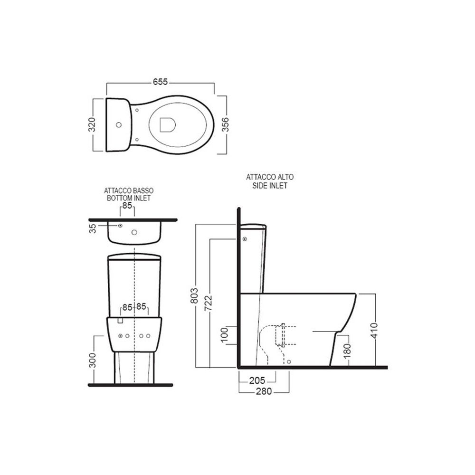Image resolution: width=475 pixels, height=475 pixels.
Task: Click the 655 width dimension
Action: pos(160,82)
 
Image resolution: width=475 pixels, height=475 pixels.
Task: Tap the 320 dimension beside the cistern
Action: pos(92,124)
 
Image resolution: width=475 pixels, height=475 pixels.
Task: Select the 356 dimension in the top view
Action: pos(226,124)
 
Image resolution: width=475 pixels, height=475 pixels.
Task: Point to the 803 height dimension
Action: pos(194,295)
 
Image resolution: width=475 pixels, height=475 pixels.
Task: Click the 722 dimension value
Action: pos(208,303)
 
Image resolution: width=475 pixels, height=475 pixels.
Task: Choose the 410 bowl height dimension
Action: pos(374,330)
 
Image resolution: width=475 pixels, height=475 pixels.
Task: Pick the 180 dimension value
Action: pos(348,349)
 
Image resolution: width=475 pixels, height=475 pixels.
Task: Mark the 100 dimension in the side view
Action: pos(225,335)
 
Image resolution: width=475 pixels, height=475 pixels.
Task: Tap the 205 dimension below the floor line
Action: pos(257,380)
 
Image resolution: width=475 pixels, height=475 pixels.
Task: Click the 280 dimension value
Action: pos(264,391)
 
